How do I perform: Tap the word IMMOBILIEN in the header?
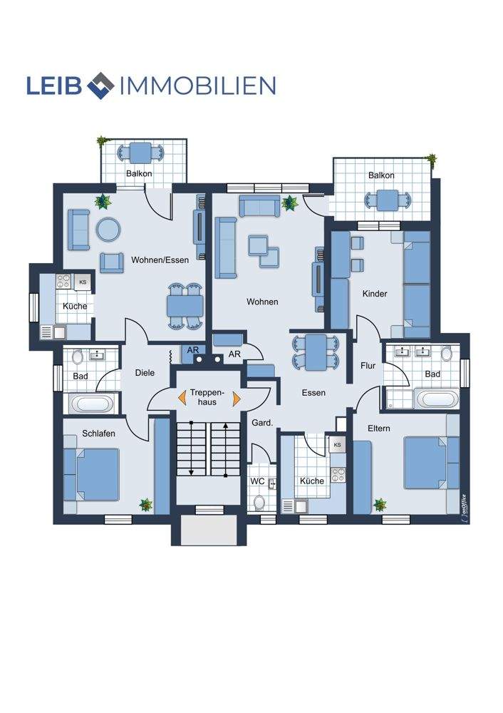click(x=197, y=86)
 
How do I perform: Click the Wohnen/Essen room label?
click(x=160, y=260)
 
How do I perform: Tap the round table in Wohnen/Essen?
click(x=108, y=229)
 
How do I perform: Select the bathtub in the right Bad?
click(x=438, y=399)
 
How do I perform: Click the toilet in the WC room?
click(x=259, y=502)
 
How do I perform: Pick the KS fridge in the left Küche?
click(x=83, y=282)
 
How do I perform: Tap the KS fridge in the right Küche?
click(x=337, y=445)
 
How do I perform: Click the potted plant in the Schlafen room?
click(x=146, y=504)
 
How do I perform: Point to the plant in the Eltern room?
click(x=380, y=504)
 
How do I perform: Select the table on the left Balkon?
click(x=141, y=153)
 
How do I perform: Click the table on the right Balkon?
click(x=388, y=200)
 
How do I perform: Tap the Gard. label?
click(x=262, y=423)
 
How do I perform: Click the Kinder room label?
click(x=375, y=294)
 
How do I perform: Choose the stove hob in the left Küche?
click(x=63, y=282)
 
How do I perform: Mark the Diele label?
click(x=145, y=372)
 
